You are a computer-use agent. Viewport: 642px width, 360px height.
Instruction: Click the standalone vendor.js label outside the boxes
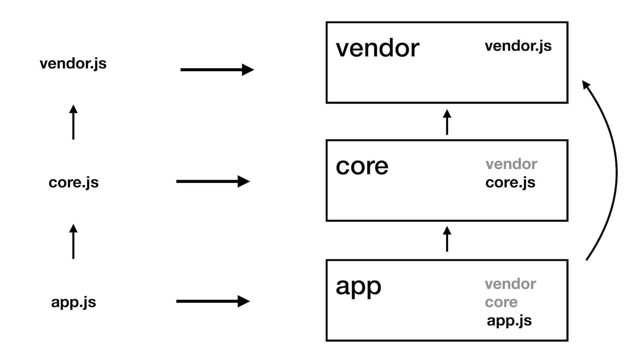[73, 64]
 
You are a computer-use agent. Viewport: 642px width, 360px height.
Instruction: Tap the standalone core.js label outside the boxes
[74, 182]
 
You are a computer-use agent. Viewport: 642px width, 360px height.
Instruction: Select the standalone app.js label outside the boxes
[74, 302]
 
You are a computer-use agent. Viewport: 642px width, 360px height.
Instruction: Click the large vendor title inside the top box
[377, 48]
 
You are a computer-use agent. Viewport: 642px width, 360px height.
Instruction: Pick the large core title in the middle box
[362, 167]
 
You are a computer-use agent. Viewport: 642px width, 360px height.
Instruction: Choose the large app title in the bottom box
[358, 286]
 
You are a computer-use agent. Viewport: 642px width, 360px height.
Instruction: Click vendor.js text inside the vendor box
[518, 46]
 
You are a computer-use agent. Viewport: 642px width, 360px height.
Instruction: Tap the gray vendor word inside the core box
[511, 164]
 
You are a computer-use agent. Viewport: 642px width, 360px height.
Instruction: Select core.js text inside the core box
[510, 182]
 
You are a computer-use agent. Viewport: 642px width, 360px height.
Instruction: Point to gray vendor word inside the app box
[510, 284]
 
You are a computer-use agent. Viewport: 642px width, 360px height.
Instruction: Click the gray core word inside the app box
[501, 302]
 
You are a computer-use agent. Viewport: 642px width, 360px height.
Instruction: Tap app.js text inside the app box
[509, 320]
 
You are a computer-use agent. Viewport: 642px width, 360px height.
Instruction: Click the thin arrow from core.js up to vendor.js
[73, 122]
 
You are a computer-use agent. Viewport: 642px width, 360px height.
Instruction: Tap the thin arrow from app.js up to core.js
[73, 242]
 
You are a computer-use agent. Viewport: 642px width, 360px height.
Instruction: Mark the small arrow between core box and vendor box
[447, 122]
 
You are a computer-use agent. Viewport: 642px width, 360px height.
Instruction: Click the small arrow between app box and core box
[447, 239]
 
